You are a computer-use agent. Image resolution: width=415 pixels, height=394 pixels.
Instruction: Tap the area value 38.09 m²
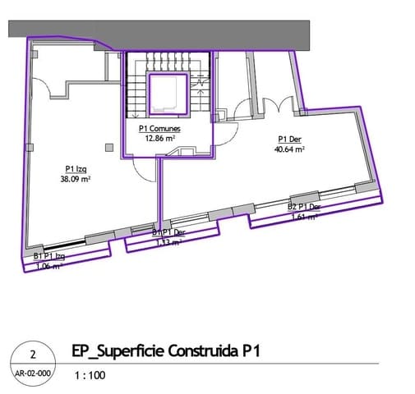pyautogui.click(x=77, y=178)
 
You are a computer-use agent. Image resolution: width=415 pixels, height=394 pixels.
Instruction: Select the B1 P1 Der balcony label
pyautogui.click(x=168, y=233)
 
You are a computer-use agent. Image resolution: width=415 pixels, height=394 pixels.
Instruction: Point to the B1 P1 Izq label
pyautogui.click(x=49, y=257)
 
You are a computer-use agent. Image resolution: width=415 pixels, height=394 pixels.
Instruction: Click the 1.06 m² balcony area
pyautogui.click(x=48, y=266)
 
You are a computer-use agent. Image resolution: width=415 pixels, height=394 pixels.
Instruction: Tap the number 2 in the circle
pyautogui.click(x=32, y=355)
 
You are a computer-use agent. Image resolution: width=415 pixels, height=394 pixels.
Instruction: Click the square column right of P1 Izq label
pyautogui.click(x=109, y=147)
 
